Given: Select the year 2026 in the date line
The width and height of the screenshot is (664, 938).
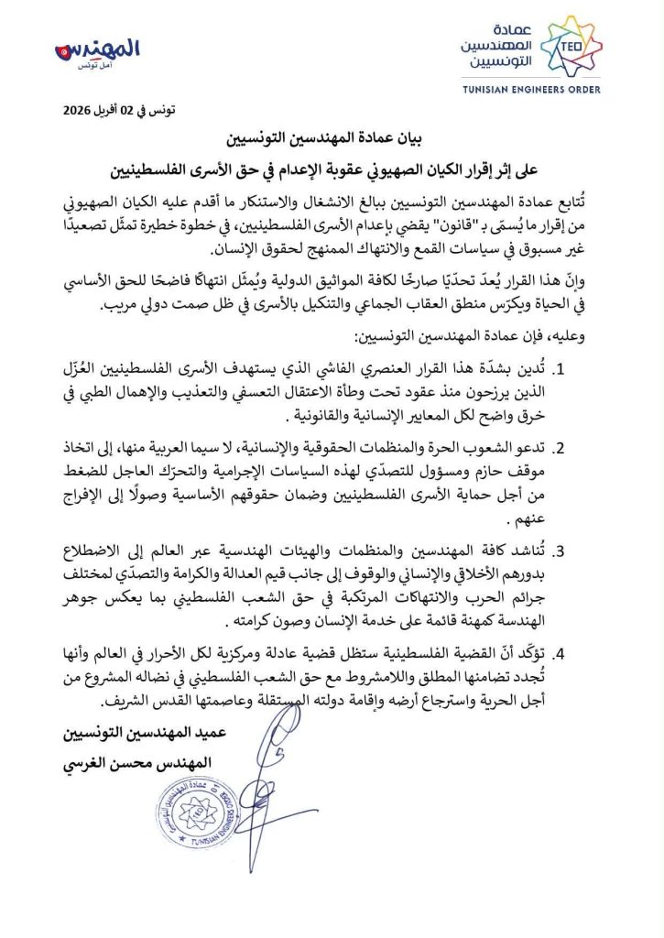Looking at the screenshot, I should [x=80, y=112].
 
